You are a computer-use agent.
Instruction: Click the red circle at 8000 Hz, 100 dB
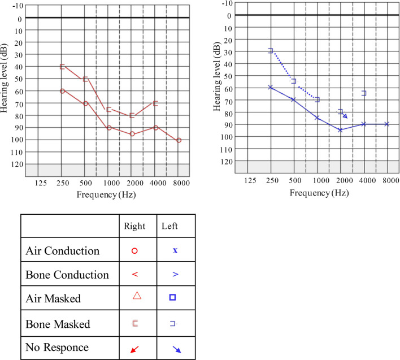179,140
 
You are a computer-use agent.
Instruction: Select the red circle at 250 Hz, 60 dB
62,91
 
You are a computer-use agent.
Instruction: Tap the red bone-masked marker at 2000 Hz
132,115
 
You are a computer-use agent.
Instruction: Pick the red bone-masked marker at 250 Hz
62,67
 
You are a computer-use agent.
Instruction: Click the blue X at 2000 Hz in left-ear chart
340,130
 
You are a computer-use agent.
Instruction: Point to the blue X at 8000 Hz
387,124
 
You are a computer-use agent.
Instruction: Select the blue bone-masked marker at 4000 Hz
364,93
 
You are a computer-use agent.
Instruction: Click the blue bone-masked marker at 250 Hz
271,51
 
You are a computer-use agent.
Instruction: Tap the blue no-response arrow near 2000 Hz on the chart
344,115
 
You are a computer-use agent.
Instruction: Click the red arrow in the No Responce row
134,349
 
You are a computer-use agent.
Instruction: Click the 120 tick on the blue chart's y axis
227,161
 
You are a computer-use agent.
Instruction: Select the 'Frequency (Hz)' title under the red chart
108,194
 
